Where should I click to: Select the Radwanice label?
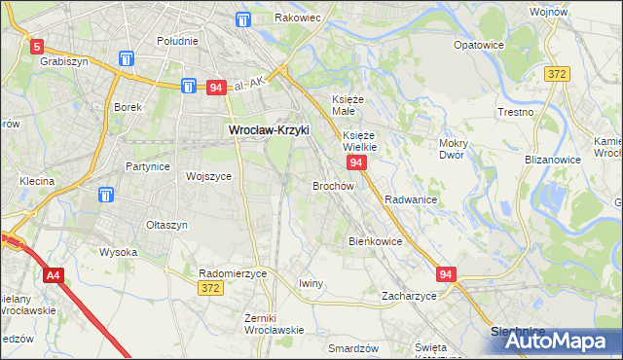(x=410, y=198)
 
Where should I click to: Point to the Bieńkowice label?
(x=375, y=240)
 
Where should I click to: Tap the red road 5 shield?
(x=37, y=46)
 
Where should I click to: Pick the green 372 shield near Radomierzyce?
(x=209, y=289)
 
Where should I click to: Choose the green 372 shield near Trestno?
(x=556, y=75)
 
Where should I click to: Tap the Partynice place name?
(x=148, y=166)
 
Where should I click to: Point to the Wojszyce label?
(x=208, y=176)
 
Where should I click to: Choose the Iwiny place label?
(x=311, y=283)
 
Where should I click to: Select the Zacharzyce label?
(x=409, y=295)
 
